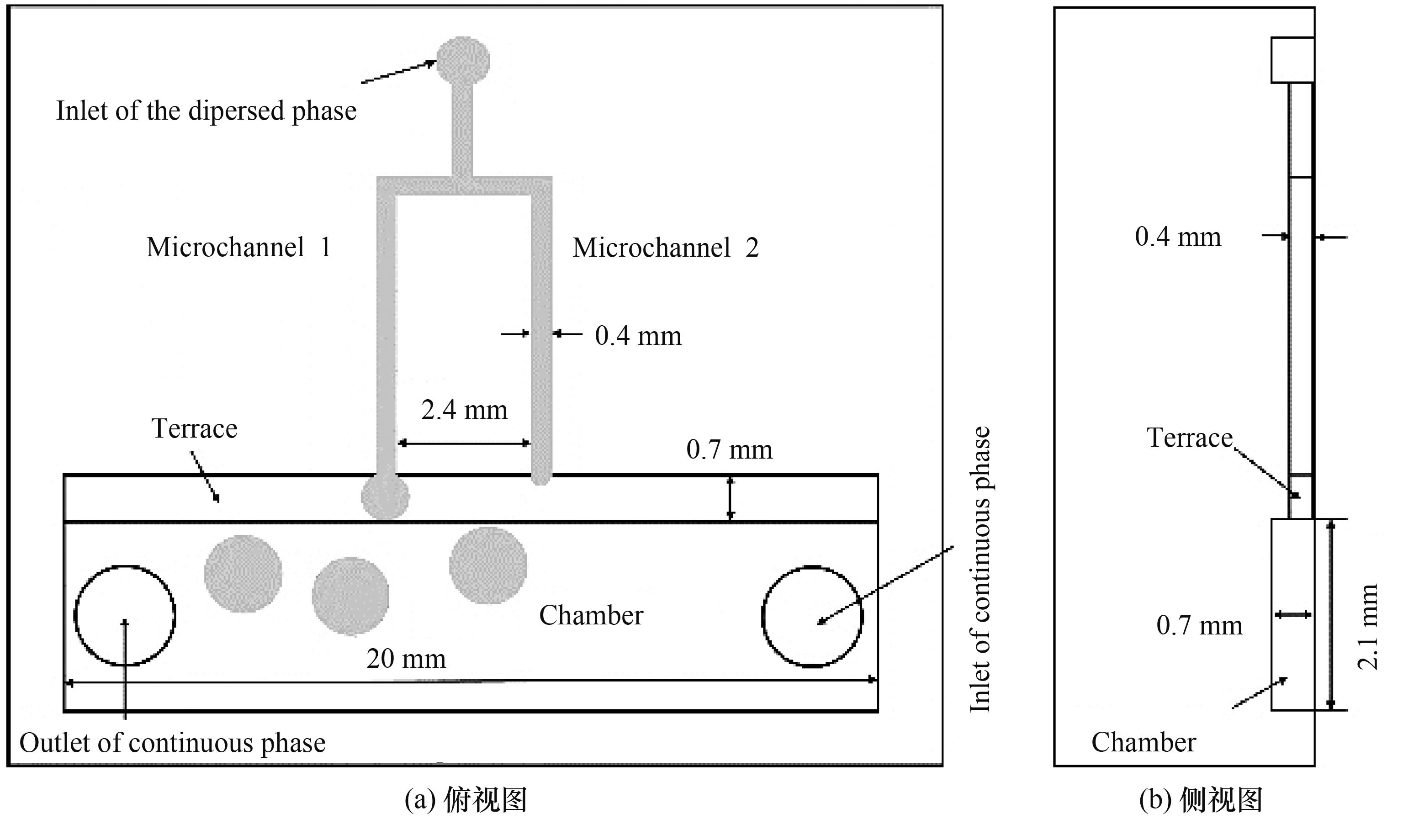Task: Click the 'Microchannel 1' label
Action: pos(239,247)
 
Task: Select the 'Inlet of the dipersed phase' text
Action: pos(206,111)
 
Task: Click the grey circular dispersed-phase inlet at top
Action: pos(463,61)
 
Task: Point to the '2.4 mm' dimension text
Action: pos(464,410)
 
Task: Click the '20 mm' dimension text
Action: pos(406,659)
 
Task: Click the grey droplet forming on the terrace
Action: pos(385,496)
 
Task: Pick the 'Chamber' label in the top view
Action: pos(591,615)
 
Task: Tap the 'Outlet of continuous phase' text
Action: pos(173,743)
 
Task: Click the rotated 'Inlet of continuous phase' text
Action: pos(980,569)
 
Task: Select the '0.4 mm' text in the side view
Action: pos(1178,237)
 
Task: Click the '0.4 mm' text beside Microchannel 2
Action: pos(638,336)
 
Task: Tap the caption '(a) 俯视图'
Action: pos(466,801)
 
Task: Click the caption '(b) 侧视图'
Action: pos(1201,801)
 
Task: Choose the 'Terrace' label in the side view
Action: pos(1190,438)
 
